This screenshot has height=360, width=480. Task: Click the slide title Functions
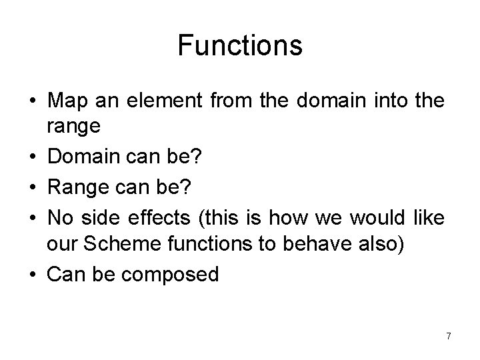click(240, 46)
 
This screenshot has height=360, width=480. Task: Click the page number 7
click(448, 336)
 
